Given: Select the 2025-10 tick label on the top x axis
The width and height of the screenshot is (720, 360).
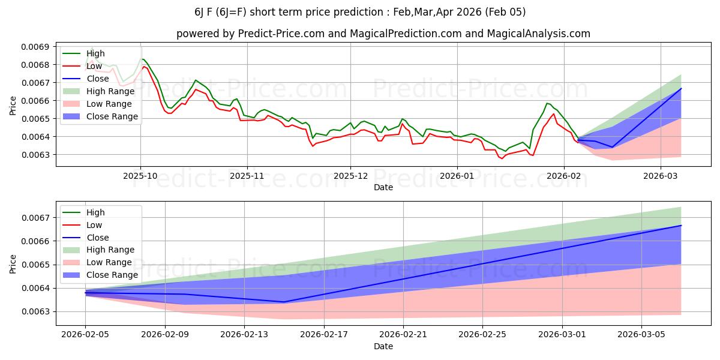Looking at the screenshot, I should [x=140, y=176].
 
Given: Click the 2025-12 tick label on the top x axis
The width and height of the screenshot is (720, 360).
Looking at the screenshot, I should [x=350, y=176].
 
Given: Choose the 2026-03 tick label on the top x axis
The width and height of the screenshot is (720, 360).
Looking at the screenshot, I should [x=661, y=176].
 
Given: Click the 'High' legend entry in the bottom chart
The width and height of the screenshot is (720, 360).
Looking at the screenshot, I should [x=95, y=212].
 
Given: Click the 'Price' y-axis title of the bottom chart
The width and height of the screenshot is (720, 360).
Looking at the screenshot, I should [x=13, y=263].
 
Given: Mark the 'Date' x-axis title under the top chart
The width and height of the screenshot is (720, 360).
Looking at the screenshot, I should [x=383, y=187].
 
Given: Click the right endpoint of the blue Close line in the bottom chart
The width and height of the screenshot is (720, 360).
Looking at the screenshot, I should [x=681, y=226].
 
